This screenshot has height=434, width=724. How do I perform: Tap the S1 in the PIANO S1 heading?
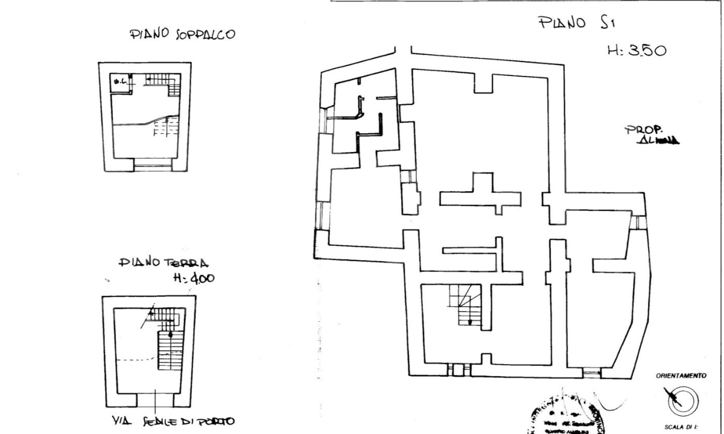[x=612, y=24]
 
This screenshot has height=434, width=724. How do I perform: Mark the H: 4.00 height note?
[x=194, y=278]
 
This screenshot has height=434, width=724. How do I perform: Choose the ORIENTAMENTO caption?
[x=681, y=376]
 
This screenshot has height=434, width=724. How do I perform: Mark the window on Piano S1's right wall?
[x=635, y=222]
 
